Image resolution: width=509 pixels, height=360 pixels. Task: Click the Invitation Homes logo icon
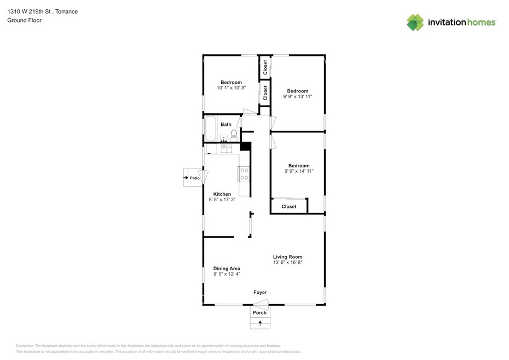pos(415,22)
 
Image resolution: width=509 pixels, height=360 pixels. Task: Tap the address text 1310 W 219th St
pos(29,11)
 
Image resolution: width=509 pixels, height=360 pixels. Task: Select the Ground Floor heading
pos(24,20)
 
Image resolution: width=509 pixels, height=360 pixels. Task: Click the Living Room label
pos(287,257)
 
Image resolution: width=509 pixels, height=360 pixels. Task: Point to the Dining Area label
pos(227,269)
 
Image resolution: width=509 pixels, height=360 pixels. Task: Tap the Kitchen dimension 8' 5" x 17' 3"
pos(222,200)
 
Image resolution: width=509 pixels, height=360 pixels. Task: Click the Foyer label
pos(260,293)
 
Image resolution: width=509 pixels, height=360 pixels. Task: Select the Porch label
pos(259,312)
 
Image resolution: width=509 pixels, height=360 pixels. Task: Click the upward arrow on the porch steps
pos(260,323)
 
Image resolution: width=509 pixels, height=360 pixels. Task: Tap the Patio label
pos(195,178)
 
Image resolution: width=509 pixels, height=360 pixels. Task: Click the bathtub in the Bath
pos(210,129)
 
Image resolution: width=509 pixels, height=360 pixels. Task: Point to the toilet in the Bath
pos(234,135)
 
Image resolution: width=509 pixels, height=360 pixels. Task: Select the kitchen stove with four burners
pos(244,173)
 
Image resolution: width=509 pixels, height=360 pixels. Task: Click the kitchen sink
pos(226,149)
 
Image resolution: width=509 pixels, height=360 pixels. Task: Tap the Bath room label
pos(226,124)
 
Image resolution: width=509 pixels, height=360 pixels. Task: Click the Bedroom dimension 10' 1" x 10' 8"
pos(232,88)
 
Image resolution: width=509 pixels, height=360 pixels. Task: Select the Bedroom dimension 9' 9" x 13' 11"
pos(298,96)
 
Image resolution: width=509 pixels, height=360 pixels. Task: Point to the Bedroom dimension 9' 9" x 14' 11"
pos(299,171)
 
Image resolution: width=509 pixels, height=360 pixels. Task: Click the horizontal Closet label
pos(289,206)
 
